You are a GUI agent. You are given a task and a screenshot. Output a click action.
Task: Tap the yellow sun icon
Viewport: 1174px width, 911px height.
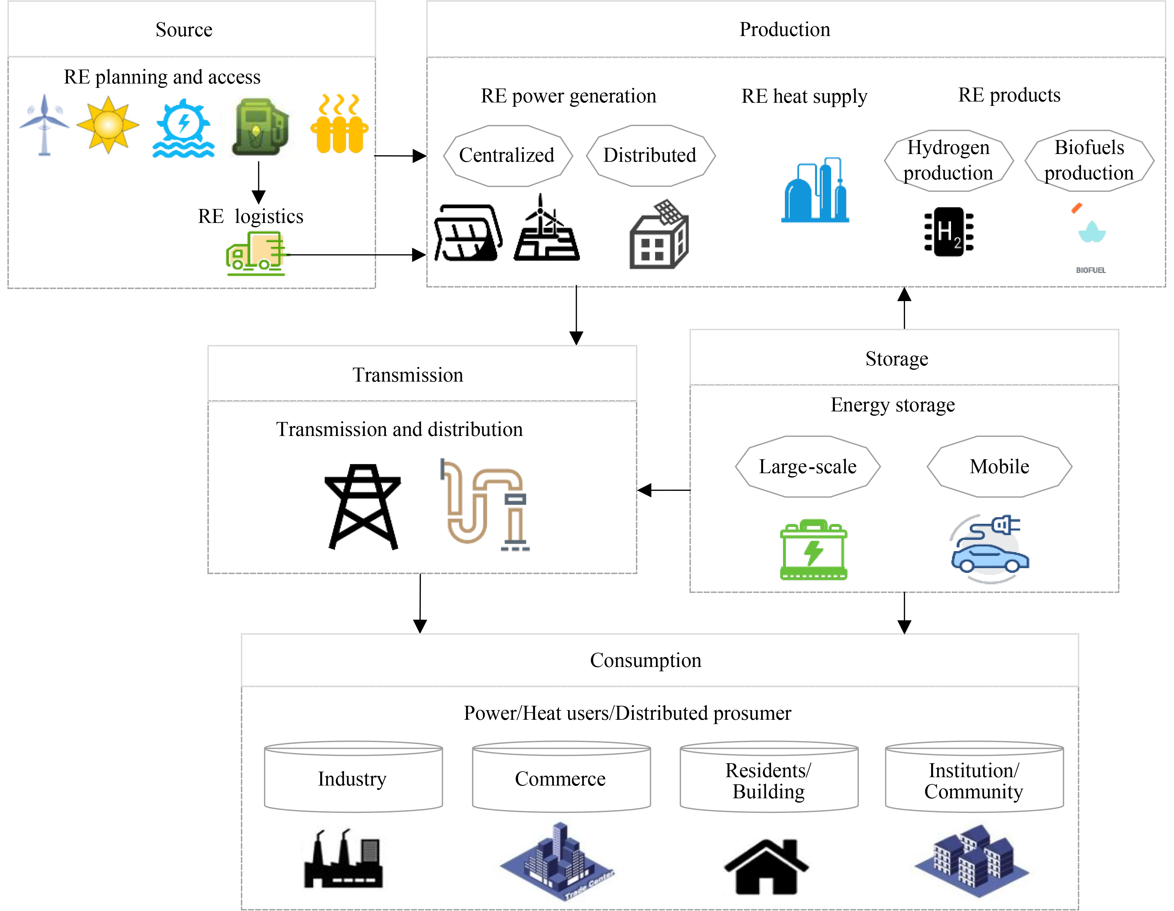pos(108,125)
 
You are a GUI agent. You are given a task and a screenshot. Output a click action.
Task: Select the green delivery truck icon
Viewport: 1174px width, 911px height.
pos(255,254)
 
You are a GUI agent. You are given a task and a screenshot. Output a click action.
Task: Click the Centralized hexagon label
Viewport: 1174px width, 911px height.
pos(507,155)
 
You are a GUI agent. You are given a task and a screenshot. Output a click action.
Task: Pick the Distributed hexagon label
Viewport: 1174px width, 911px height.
pos(650,155)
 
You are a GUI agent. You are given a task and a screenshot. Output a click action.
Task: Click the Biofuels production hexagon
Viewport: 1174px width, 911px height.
pos(1089,160)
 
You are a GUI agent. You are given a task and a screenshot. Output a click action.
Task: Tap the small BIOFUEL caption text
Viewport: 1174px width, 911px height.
pos(1091,270)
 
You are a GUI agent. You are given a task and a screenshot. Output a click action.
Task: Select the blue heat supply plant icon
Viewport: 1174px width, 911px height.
pos(815,190)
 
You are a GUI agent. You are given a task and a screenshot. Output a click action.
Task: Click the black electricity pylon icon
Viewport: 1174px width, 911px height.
pos(363,506)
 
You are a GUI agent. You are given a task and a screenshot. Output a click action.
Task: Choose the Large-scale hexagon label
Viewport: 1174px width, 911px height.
pos(808,466)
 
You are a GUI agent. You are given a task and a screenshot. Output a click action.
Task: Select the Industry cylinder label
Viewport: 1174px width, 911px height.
pos(353,779)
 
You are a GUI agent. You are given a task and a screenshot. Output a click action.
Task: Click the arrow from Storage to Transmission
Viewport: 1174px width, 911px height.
pos(664,490)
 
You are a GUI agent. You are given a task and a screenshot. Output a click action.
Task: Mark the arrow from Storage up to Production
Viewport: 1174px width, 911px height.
pos(905,308)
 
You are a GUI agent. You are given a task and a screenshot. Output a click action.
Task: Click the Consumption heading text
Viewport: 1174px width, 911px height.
pos(646,660)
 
